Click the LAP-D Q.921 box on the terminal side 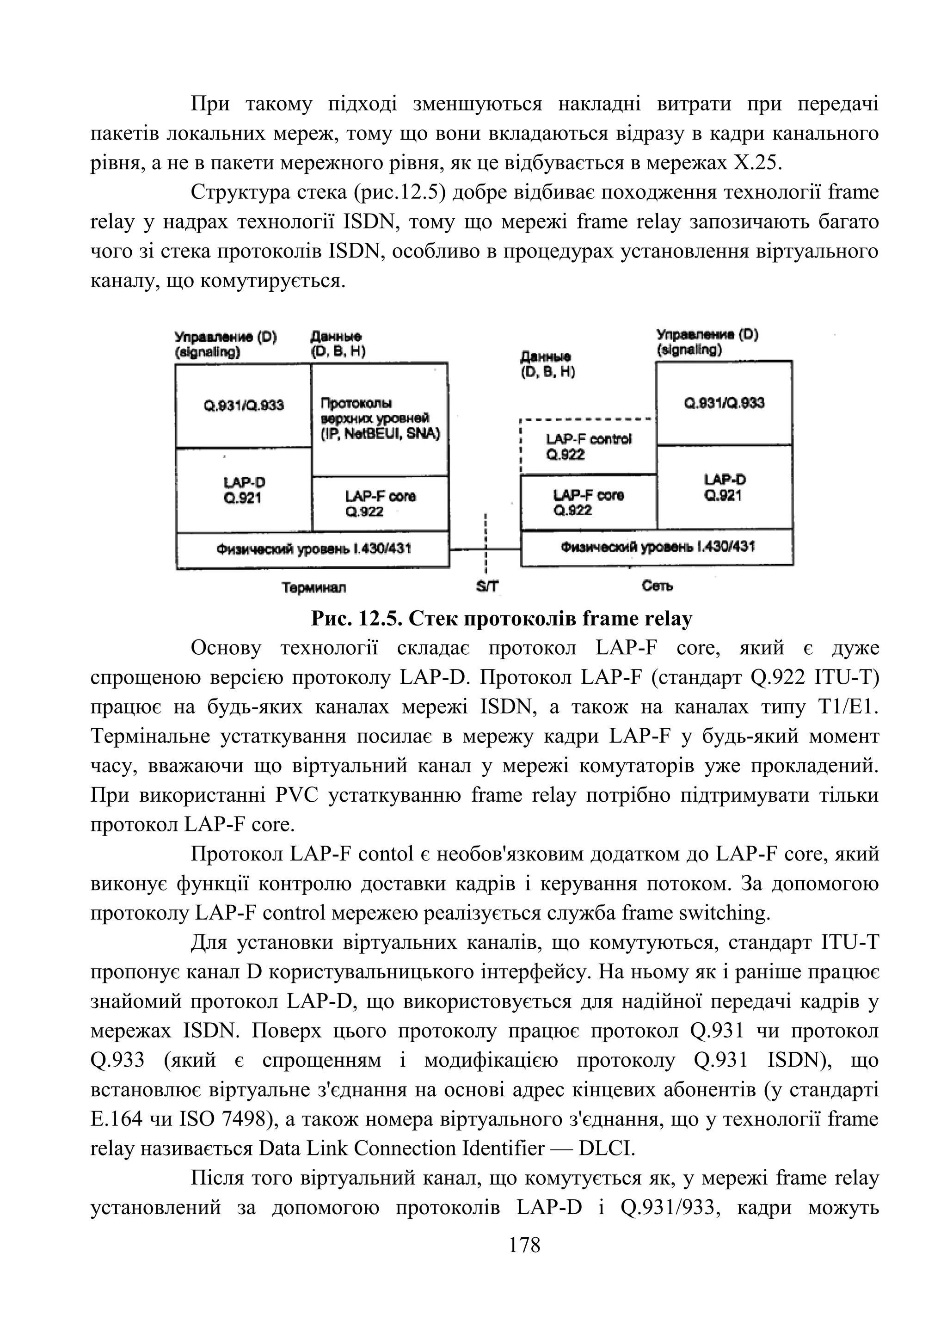pyautogui.click(x=243, y=490)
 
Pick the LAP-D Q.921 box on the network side pyautogui.click(x=724, y=487)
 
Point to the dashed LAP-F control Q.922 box pyautogui.click(x=588, y=447)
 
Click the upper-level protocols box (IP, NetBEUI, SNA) pyautogui.click(x=380, y=419)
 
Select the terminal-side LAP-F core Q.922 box pyautogui.click(x=380, y=504)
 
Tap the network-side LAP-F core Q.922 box pyautogui.click(x=588, y=502)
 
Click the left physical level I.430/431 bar pyautogui.click(x=313, y=549)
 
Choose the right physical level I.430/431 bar pyautogui.click(x=657, y=547)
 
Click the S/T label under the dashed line pyautogui.click(x=487, y=587)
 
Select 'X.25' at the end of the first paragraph pyautogui.click(x=756, y=163)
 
